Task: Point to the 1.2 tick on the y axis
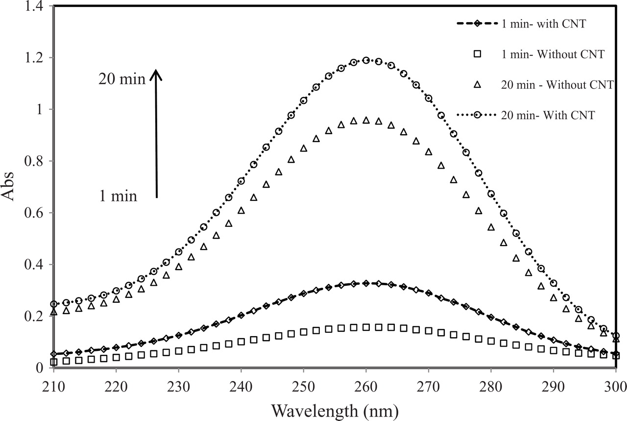(36, 58)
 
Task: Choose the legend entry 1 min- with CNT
(543, 24)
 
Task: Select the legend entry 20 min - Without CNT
(557, 85)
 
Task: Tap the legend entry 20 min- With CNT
(548, 115)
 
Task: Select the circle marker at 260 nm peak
(366, 60)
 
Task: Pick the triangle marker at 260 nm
(366, 120)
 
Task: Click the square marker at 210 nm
(54, 362)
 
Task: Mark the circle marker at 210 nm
(54, 304)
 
